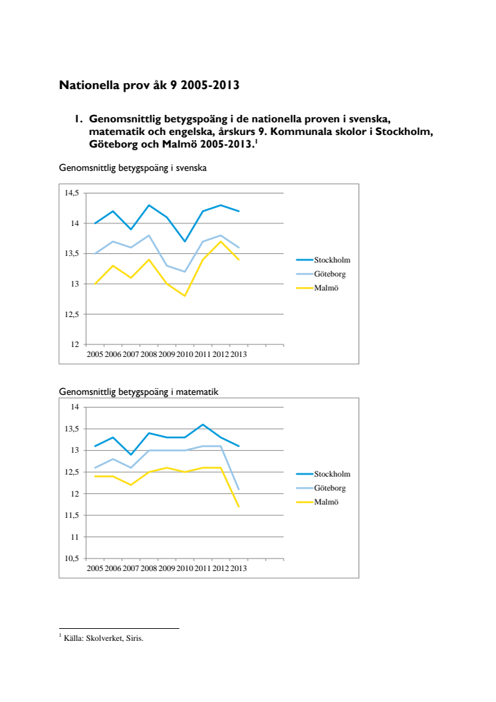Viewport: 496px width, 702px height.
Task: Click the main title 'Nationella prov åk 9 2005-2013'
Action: tap(149, 85)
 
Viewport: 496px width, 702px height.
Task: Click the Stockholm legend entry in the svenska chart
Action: tap(332, 260)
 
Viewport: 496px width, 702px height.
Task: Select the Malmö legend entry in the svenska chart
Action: tap(326, 288)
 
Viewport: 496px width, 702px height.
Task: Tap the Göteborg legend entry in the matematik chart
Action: tap(330, 488)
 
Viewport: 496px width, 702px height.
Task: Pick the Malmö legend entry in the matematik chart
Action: tap(326, 502)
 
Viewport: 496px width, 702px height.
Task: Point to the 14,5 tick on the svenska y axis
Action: tap(71, 193)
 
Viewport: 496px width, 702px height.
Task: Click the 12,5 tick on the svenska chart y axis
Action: tap(71, 314)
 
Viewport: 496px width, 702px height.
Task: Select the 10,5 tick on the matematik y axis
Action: tap(71, 558)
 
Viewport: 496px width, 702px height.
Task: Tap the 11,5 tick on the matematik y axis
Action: tap(71, 515)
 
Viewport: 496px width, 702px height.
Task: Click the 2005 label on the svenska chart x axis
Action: tap(95, 354)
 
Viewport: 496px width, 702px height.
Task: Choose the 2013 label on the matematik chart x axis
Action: tap(239, 568)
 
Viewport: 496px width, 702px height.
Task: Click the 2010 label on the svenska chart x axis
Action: tap(185, 354)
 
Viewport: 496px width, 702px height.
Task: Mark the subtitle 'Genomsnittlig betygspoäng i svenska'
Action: tap(133, 168)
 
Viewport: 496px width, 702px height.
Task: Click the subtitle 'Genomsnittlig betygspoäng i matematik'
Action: tap(138, 392)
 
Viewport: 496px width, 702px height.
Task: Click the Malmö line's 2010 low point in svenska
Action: tap(185, 295)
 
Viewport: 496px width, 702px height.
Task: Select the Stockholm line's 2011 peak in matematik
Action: tap(203, 424)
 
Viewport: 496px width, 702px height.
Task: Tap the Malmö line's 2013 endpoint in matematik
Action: tap(239, 507)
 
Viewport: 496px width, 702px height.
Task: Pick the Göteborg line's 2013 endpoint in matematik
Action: tap(239, 489)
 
